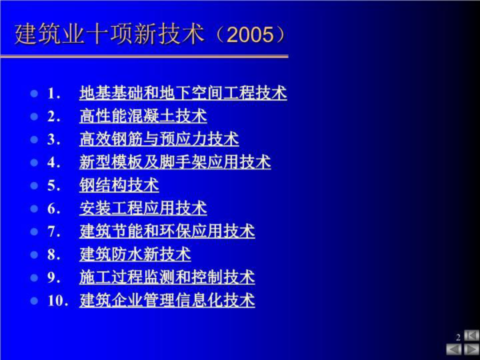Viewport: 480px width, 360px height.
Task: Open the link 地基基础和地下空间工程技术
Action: click(x=183, y=93)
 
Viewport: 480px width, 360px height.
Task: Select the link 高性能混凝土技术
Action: click(x=143, y=116)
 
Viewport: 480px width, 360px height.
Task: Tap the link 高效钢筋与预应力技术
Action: click(x=159, y=139)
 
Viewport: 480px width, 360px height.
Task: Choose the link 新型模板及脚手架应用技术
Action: click(x=175, y=162)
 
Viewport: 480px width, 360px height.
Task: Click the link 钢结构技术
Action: click(x=119, y=185)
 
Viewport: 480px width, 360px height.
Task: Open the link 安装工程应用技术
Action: click(x=143, y=208)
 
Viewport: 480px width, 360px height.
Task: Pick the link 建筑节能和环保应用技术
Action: click(x=167, y=231)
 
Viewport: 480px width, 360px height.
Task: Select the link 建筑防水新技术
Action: click(x=135, y=254)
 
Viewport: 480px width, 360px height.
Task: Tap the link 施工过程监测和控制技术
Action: click(x=167, y=277)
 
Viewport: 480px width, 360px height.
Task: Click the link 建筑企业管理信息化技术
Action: click(x=167, y=300)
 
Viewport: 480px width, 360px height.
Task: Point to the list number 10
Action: click(x=56, y=301)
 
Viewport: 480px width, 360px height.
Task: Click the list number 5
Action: click(x=53, y=186)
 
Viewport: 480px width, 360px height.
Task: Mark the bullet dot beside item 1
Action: click(x=34, y=93)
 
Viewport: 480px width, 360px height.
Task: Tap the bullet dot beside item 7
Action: click(x=34, y=232)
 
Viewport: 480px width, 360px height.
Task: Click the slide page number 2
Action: click(x=458, y=337)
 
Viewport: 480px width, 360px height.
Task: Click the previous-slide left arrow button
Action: click(x=454, y=349)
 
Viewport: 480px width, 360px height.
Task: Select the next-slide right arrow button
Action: click(x=471, y=349)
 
